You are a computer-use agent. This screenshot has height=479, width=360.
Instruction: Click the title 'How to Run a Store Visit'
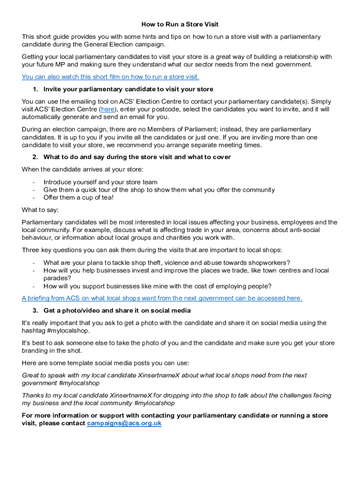pyautogui.click(x=180, y=24)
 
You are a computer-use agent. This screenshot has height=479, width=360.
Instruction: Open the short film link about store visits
pyautogui.click(x=110, y=77)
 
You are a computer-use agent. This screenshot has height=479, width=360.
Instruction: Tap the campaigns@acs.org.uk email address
pyautogui.click(x=124, y=423)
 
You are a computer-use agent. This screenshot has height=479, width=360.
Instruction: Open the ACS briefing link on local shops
pyautogui.click(x=162, y=298)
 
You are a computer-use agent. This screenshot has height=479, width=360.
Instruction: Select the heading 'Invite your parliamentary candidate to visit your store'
pyautogui.click(x=128, y=89)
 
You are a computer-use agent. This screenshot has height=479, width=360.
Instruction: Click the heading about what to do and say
pyautogui.click(x=137, y=157)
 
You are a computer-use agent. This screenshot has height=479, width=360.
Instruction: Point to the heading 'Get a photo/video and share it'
pyautogui.click(x=116, y=311)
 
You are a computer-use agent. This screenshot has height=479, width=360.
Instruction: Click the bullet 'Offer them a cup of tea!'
pyautogui.click(x=79, y=198)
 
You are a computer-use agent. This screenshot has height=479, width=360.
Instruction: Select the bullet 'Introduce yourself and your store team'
pyautogui.click(x=100, y=182)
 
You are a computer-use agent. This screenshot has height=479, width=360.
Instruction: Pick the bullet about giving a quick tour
pyautogui.click(x=159, y=190)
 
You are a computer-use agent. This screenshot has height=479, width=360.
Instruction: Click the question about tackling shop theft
pyautogui.click(x=166, y=262)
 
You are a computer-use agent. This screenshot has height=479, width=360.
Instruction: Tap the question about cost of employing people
pyautogui.click(x=157, y=286)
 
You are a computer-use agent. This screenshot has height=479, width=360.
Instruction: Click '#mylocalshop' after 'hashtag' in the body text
pyautogui.click(x=69, y=331)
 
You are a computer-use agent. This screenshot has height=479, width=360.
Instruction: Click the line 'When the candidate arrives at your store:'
pyautogui.click(x=82, y=169)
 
